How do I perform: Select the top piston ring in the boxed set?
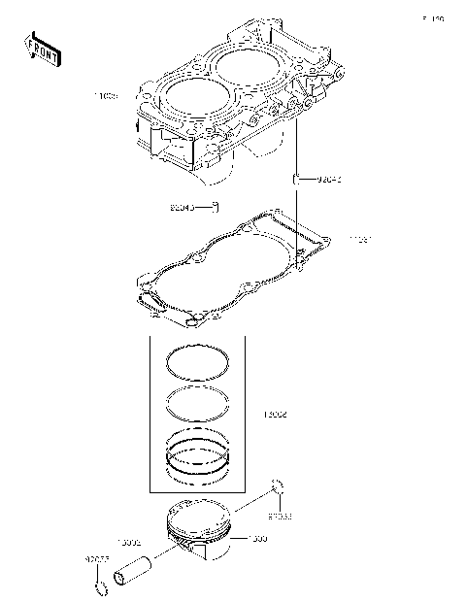(x=197, y=361)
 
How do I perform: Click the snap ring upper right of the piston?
(x=278, y=486)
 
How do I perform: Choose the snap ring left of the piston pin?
(x=100, y=586)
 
